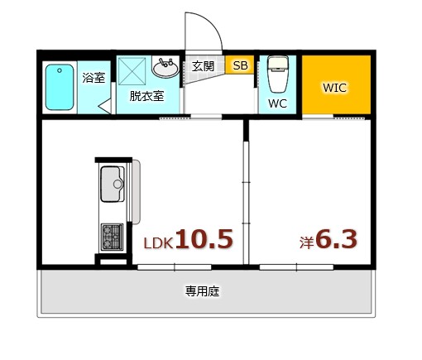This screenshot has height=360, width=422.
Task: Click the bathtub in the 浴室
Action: point(60,87)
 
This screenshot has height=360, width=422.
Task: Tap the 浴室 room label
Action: point(94,79)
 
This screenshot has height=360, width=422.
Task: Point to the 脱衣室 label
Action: point(146,95)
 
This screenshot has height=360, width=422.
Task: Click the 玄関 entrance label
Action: point(204,65)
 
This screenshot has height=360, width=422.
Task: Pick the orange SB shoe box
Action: point(240,65)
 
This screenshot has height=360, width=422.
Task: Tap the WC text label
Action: point(277,104)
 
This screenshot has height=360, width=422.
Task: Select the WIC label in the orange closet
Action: point(335,87)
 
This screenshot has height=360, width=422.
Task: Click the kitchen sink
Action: point(112,184)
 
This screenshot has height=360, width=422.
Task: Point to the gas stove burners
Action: point(112,237)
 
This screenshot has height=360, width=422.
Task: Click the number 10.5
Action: point(204,240)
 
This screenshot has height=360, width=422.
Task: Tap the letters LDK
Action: point(158,244)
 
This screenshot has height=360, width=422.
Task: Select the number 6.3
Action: point(337,240)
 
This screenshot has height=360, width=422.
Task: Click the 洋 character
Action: point(306,243)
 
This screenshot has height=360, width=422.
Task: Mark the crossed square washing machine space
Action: point(135,70)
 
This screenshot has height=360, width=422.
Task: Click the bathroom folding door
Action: point(105,107)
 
